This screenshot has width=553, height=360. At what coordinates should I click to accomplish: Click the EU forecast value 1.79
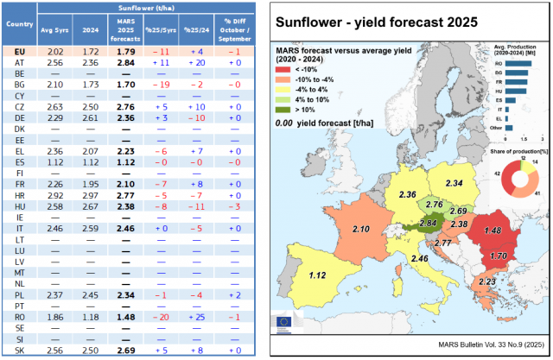coord(124,52)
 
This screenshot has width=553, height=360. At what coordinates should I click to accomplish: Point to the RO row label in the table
coord(19,316)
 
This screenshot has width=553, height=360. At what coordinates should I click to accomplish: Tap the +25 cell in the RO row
coord(195,316)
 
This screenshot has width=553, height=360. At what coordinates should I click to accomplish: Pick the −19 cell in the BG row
coord(160,85)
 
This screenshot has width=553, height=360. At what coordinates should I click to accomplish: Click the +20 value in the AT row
coord(195,63)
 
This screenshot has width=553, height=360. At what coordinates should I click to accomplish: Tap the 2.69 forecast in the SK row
coord(124,349)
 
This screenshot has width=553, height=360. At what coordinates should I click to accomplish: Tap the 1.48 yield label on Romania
coord(493,231)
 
